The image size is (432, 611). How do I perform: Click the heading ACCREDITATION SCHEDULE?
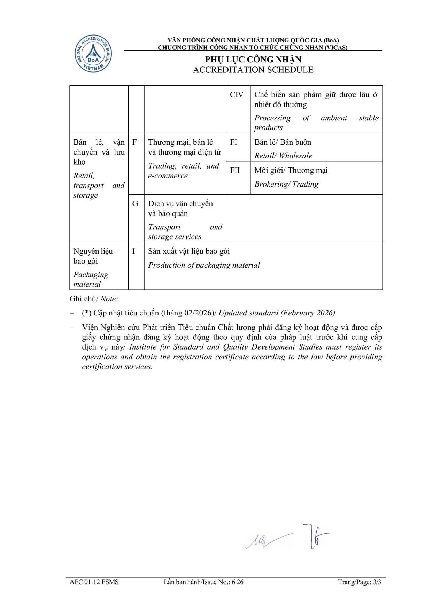point(253,70)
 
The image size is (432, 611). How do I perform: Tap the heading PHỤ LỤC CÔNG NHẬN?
point(253,59)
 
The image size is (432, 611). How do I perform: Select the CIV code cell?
point(237,95)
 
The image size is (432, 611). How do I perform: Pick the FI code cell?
point(233,142)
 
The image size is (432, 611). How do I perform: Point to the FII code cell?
point(235,170)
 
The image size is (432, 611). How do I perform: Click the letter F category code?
point(134,142)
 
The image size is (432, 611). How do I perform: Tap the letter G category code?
point(135,204)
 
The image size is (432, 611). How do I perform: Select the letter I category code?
point(133,251)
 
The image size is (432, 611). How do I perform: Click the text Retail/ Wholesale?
point(283,156)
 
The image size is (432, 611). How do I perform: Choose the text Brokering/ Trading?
point(286,184)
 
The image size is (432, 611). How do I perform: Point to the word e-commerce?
point(168,176)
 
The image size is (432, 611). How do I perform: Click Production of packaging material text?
point(204,265)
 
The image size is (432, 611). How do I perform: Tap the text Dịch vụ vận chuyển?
point(180,204)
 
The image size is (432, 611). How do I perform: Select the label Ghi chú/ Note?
point(94,299)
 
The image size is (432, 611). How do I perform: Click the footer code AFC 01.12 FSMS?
point(94,582)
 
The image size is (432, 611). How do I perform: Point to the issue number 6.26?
point(238,582)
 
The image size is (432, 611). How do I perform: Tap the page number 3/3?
point(377,582)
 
